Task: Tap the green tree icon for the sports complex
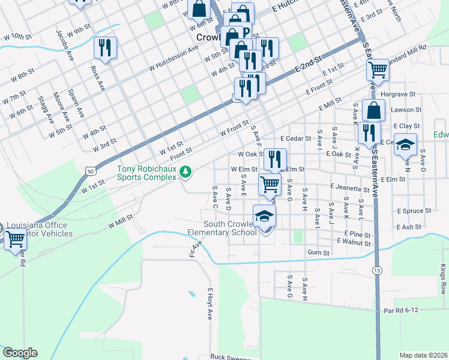(x=187, y=173)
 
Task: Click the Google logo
(x=20, y=353)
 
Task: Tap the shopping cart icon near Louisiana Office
(x=15, y=238)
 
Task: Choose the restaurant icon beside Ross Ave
(x=106, y=48)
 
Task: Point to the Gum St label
(x=318, y=253)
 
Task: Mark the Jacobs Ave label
(x=64, y=42)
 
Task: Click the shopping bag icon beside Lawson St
(x=374, y=110)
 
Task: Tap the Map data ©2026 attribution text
(x=423, y=355)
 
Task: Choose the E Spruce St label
(x=414, y=211)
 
